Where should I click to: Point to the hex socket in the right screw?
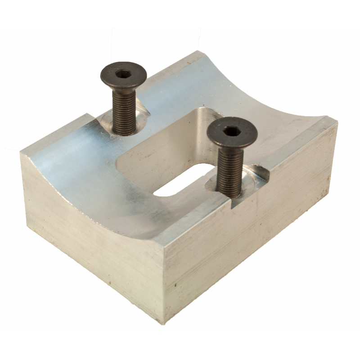(x=232, y=131)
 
